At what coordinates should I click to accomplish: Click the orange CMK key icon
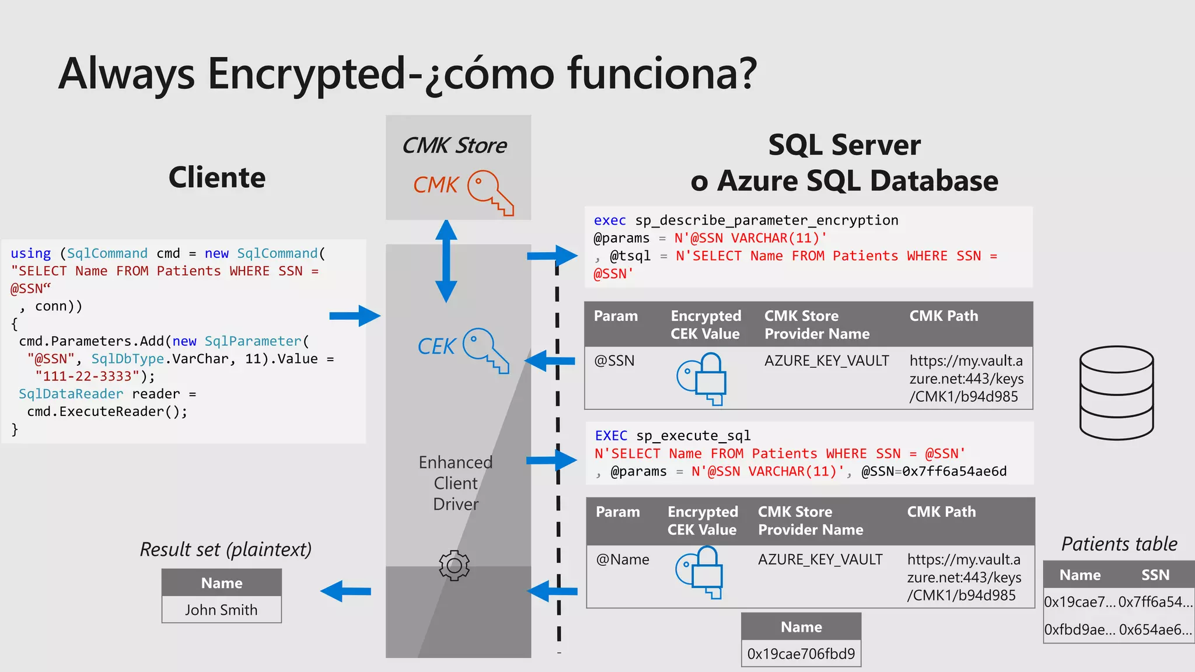(x=490, y=192)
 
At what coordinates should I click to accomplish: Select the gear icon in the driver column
(x=454, y=565)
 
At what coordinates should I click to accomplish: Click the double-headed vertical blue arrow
(x=446, y=261)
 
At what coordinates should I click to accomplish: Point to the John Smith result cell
(x=221, y=610)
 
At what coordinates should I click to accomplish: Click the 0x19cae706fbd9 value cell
(x=801, y=653)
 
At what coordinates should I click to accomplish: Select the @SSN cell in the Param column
(x=614, y=360)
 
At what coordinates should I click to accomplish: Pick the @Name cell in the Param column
(x=622, y=559)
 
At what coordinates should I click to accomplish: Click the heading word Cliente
(x=216, y=177)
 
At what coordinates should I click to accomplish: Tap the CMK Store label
(x=455, y=145)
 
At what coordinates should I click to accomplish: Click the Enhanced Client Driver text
(x=456, y=483)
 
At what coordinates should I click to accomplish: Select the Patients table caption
(x=1119, y=544)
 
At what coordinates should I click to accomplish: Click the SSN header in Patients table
(x=1155, y=575)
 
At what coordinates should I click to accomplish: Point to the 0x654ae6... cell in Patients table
(x=1155, y=629)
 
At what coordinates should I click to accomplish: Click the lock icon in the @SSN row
(x=702, y=378)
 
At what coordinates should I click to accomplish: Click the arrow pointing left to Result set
(x=346, y=591)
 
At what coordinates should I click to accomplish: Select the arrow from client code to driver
(x=354, y=316)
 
